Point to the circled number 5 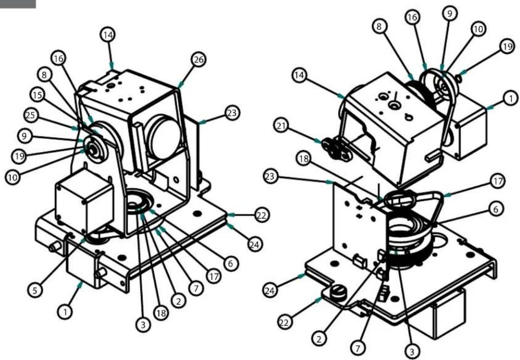tap(36, 290)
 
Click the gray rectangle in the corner tap(18, 4)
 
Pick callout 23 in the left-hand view tap(231, 112)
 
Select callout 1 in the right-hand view tap(509, 98)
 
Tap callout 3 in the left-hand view tap(143, 325)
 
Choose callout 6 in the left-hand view tap(229, 264)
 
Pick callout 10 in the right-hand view tap(478, 29)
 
